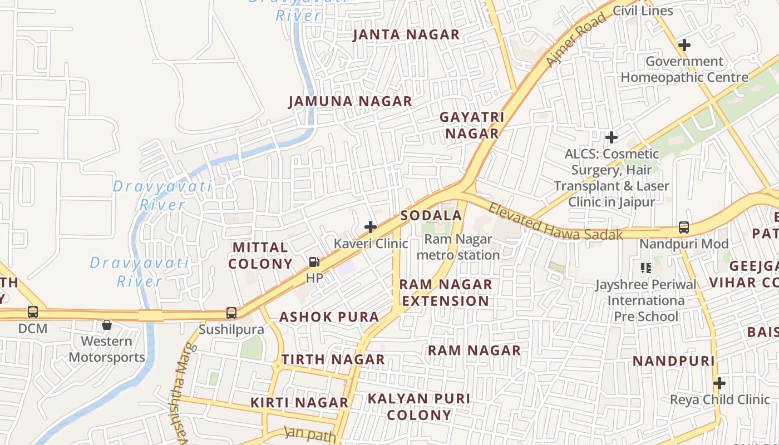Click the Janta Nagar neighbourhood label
[x=407, y=34]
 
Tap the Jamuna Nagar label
[x=351, y=101]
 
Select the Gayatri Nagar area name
[x=472, y=125]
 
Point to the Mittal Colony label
[x=261, y=255]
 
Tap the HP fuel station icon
[x=314, y=262]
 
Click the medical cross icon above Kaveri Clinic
[x=371, y=227]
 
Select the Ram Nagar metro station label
[x=458, y=247]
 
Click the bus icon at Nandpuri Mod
[x=684, y=228]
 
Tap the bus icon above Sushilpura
[x=231, y=313]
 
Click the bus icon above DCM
[x=33, y=312]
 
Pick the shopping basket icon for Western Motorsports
[x=107, y=324]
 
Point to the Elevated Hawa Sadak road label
[x=555, y=221]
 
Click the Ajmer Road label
[x=576, y=40]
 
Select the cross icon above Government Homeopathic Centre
[x=684, y=45]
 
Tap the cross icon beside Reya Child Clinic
[x=719, y=383]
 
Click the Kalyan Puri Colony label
[x=419, y=407]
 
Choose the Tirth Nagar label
[x=333, y=359]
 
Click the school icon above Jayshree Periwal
[x=646, y=268]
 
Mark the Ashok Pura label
[x=329, y=317]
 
